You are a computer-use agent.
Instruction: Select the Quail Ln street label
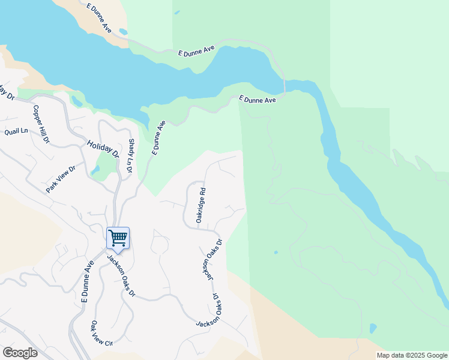(x=16, y=131)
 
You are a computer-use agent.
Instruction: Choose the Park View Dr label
(x=61, y=179)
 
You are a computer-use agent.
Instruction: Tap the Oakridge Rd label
(x=202, y=206)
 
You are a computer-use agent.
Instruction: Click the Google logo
(x=20, y=353)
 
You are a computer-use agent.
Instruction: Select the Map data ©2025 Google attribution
(x=412, y=355)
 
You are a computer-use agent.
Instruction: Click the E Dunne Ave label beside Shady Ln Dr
(x=158, y=138)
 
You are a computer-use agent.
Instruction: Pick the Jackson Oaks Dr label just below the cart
(x=122, y=277)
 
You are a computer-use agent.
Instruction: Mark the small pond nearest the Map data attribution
(x=373, y=328)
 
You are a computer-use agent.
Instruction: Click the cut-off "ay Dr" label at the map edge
(x=6, y=92)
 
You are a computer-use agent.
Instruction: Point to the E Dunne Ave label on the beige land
(x=99, y=17)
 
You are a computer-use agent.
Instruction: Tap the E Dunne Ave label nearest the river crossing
(x=258, y=100)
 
